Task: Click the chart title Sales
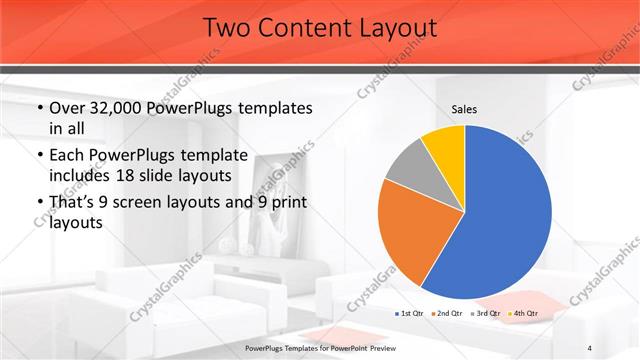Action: point(464,107)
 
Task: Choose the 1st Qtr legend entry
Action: point(410,314)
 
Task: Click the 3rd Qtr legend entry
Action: point(485,314)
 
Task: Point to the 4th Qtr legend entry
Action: point(523,314)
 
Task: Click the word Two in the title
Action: point(227,28)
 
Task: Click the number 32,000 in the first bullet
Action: point(117,109)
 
